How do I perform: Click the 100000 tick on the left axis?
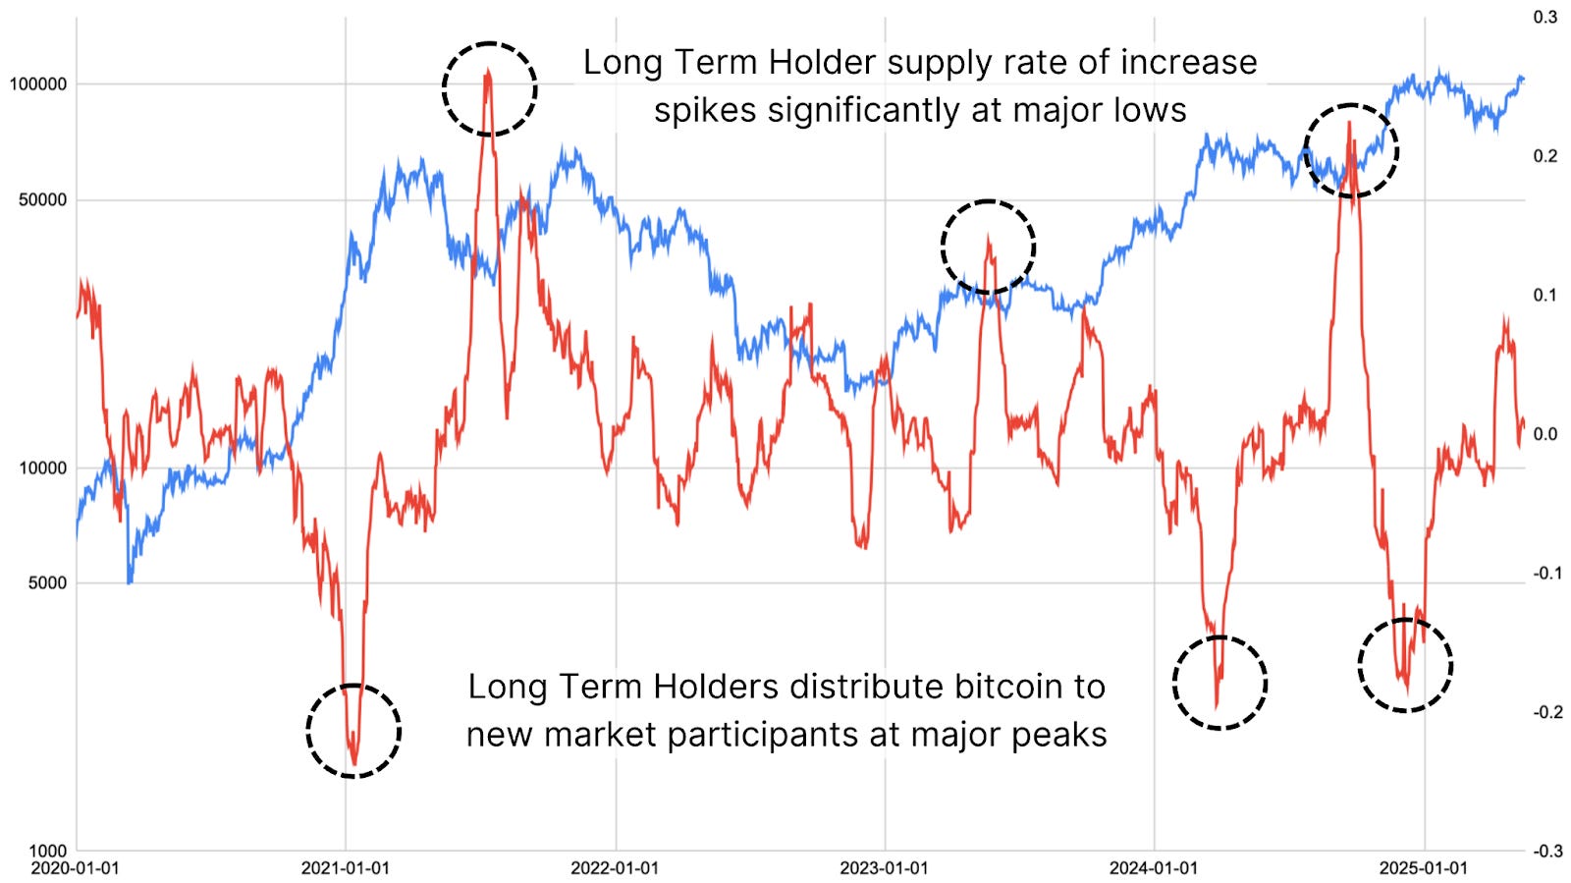38,84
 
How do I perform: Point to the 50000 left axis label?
42,200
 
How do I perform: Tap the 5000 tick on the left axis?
47,582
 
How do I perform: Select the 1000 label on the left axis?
47,851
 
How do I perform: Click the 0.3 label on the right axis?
1545,18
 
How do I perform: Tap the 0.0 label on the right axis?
1545,434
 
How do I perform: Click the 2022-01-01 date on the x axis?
615,868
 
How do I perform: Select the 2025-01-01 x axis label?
1423,868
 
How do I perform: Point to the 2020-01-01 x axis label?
76,868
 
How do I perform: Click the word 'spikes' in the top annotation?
705,111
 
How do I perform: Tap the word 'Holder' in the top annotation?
822,63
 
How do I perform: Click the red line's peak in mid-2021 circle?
488,71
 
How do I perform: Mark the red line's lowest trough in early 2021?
353,763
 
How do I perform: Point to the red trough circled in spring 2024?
1217,705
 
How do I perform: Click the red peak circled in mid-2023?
988,237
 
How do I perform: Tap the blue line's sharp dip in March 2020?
130,582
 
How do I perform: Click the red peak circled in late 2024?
1350,122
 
